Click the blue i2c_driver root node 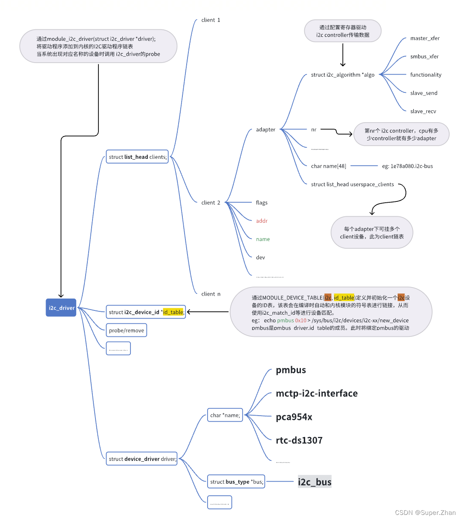click(61, 308)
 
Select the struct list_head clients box click(137, 157)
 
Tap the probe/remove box click(126, 330)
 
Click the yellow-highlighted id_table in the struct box click(173, 312)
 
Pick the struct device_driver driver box click(141, 459)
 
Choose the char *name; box click(225, 415)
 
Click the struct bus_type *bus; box click(236, 482)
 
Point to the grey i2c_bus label click(315, 482)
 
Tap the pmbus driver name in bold click(291, 370)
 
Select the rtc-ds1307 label click(299, 440)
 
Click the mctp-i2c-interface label click(317, 393)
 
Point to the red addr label click(262, 221)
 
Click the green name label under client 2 click(263, 239)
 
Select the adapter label click(266, 129)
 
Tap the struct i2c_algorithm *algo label click(343, 75)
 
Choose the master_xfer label click(424, 38)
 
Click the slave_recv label click(423, 111)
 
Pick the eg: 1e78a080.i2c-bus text click(407, 166)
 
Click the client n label click(211, 294)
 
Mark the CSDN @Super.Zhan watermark click(425, 513)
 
